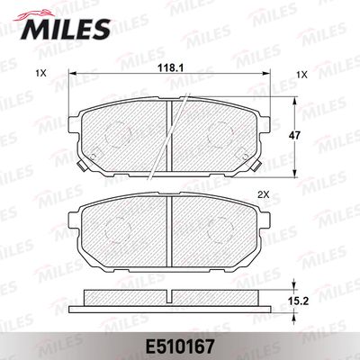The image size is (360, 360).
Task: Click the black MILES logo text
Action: click(x=65, y=30)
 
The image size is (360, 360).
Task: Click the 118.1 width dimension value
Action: click(x=171, y=68)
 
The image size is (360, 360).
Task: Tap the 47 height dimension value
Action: click(x=295, y=136)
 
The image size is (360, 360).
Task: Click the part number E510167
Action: click(x=180, y=347)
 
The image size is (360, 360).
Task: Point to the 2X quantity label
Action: click(x=264, y=195)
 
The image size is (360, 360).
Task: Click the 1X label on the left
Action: click(x=40, y=73)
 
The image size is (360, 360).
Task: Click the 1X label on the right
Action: click(x=302, y=75)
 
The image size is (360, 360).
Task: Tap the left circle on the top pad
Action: click(x=118, y=135)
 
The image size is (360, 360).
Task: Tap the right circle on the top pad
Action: click(x=220, y=135)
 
